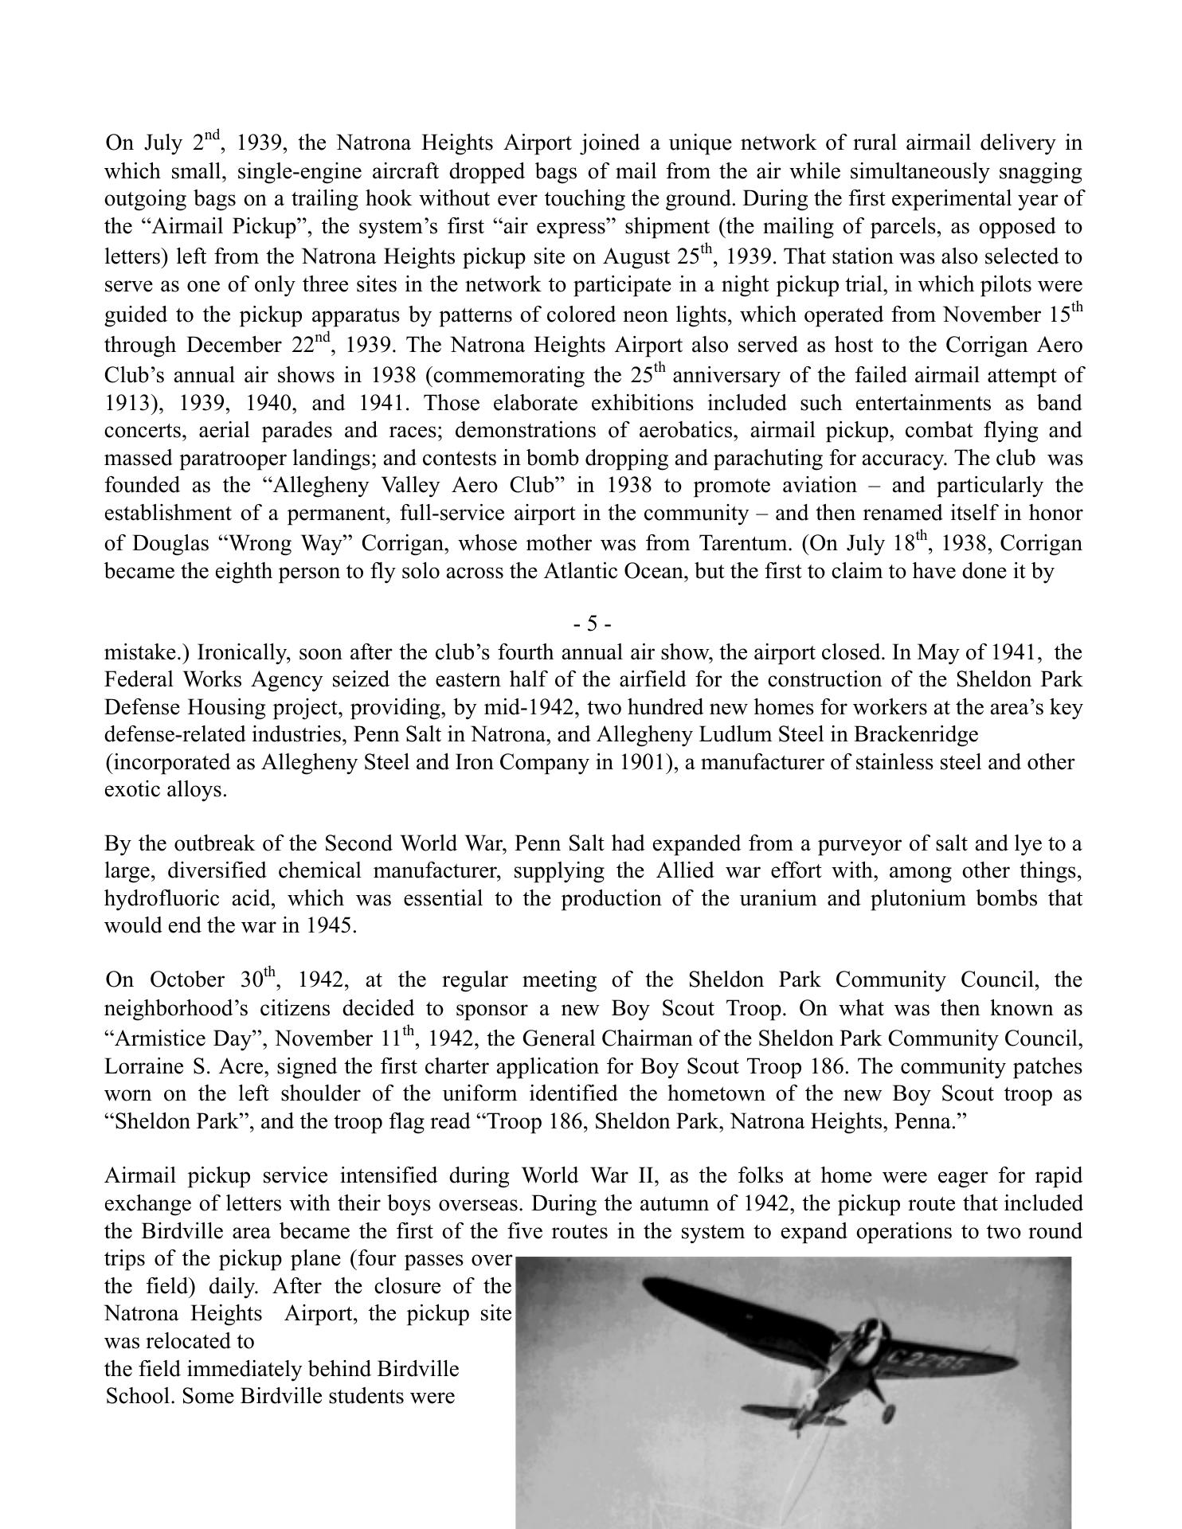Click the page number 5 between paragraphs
pyautogui.click(x=592, y=624)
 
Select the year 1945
pyautogui.click(x=332, y=926)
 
